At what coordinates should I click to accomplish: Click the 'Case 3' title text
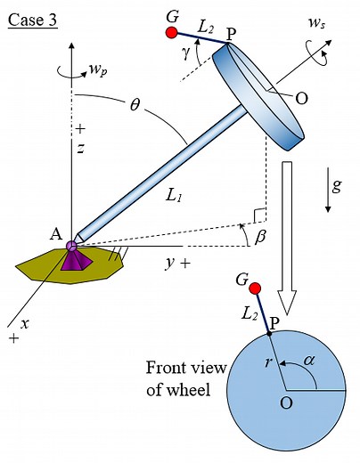32,18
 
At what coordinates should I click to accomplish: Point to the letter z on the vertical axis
79,149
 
